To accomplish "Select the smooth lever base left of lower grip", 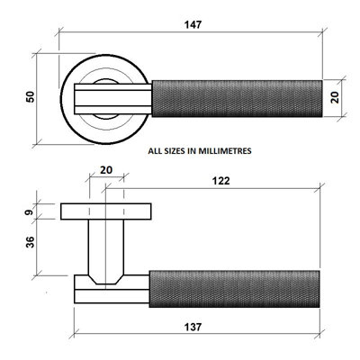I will pyautogui.click(x=110, y=290).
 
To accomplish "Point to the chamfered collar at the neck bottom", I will pyautogui.click(x=105, y=272).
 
